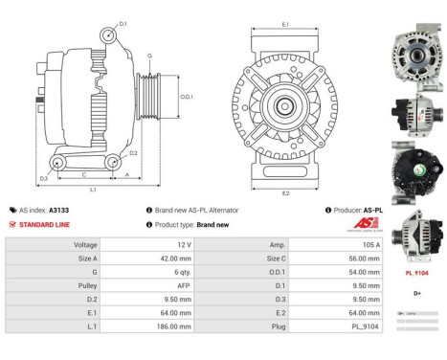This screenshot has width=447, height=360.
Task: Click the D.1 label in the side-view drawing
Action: click(x=123, y=22)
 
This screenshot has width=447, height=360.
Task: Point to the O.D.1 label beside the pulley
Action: click(x=188, y=95)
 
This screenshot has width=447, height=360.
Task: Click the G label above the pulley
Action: click(x=149, y=56)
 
